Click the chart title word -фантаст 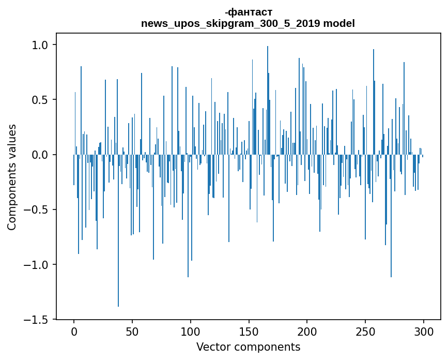pyautogui.click(x=248, y=12)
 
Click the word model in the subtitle pyautogui.click(x=341, y=24)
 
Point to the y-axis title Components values pyautogui.click(x=12, y=177)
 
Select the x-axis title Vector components pyautogui.click(x=248, y=347)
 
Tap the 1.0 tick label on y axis pyautogui.click(x=40, y=45)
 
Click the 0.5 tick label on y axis pyautogui.click(x=40, y=100)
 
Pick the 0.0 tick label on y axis pyautogui.click(x=40, y=155)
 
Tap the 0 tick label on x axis pyautogui.click(x=74, y=332)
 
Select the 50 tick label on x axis pyautogui.click(x=132, y=332)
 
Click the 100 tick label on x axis pyautogui.click(x=191, y=332)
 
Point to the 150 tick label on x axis pyautogui.click(x=249, y=332)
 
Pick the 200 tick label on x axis pyautogui.click(x=307, y=332)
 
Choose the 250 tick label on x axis pyautogui.click(x=365, y=332)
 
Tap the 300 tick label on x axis pyautogui.click(x=424, y=332)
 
